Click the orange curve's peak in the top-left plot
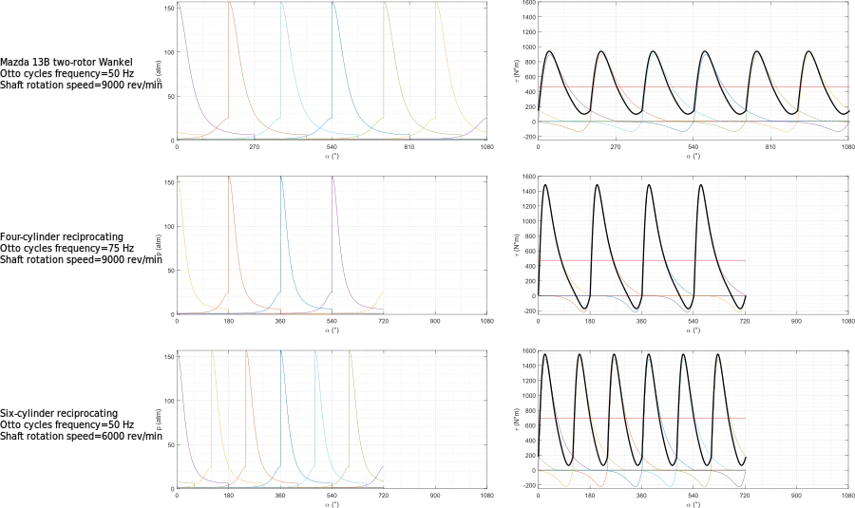point(232,5)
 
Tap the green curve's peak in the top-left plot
point(384,5)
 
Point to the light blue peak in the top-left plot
point(282,5)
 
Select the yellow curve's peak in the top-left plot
point(437,5)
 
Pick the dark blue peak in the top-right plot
point(705,57)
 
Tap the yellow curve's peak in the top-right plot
point(809,56)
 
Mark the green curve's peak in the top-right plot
point(757,57)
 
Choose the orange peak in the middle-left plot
point(231,179)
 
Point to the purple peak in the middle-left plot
point(333,179)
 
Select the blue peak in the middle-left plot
point(282,179)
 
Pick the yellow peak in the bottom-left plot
point(213,354)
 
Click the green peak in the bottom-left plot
point(351,354)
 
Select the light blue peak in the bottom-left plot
point(315,354)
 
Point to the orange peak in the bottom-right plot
point(613,360)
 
